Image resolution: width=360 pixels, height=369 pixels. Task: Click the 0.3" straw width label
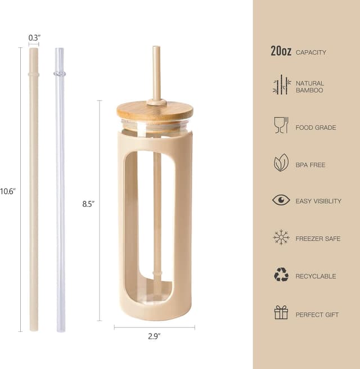[x=34, y=38]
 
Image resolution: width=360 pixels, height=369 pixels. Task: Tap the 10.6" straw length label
[x=7, y=191]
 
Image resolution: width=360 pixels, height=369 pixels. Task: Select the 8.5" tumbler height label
[x=88, y=204]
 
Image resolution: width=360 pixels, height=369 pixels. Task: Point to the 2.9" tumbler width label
[x=154, y=336]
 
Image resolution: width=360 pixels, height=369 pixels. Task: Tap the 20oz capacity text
[x=281, y=52]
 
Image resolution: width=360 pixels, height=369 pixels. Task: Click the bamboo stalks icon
[x=281, y=85]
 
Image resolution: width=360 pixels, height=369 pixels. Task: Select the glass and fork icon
[x=281, y=125]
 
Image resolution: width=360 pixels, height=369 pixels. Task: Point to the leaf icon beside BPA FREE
[x=281, y=163]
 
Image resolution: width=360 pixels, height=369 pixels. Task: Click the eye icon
[x=281, y=200]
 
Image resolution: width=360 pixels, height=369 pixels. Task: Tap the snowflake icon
[x=281, y=238]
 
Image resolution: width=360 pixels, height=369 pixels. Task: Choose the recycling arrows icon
[x=281, y=275]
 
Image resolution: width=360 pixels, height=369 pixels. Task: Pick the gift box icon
[x=281, y=313]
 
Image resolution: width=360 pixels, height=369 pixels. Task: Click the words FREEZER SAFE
[x=318, y=239]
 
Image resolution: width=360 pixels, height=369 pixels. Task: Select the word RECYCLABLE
[x=316, y=276]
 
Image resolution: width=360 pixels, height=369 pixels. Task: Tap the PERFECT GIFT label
[x=317, y=315]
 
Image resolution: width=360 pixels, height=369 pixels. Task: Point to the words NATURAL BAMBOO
[x=310, y=87]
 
